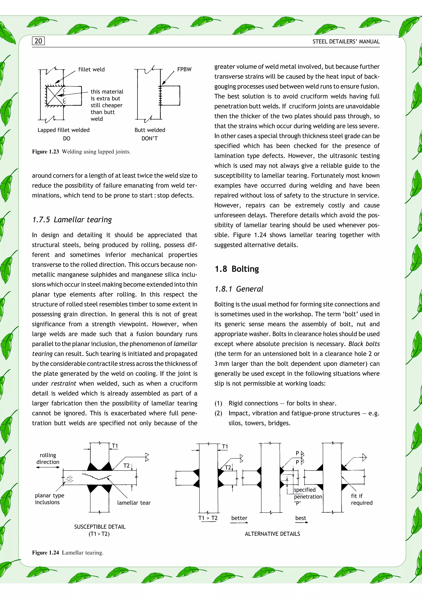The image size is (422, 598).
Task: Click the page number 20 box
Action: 38,41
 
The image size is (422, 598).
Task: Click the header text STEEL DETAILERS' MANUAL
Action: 346,42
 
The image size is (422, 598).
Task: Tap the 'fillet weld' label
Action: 91,69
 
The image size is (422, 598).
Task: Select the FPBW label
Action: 184,69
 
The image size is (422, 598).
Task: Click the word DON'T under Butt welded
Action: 149,139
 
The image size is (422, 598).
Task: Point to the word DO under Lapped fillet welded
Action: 67,139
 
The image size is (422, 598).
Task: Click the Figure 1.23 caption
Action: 81,152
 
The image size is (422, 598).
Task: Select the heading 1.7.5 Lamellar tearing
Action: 72,220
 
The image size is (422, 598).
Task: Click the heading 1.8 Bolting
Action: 237,269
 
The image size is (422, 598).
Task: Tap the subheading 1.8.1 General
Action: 239,289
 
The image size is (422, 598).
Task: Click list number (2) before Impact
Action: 218,413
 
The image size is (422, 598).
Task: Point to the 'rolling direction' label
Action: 48,458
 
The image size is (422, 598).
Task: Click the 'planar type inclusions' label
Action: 49,499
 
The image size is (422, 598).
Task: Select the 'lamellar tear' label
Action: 134,503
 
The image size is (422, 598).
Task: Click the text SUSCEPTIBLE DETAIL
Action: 100,527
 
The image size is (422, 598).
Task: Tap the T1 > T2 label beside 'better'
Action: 208,518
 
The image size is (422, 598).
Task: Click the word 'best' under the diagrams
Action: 300,518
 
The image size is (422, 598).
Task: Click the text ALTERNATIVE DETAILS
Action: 272,534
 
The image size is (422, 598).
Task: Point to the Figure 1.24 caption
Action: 68,553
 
